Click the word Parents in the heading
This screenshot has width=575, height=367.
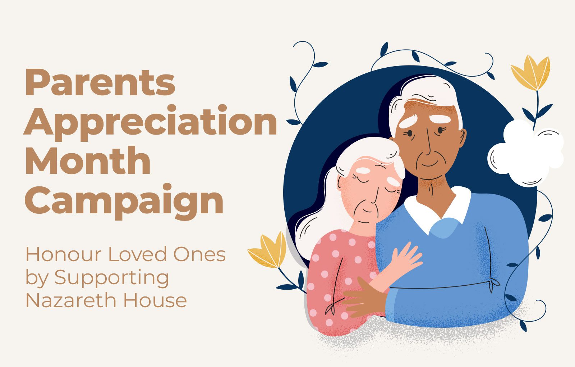tap(100, 82)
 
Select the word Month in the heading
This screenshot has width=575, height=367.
tap(88, 160)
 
